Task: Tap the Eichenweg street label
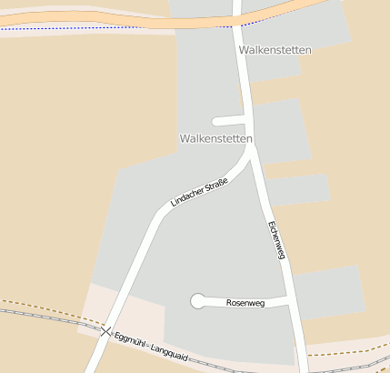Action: click(277, 240)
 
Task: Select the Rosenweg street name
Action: click(245, 303)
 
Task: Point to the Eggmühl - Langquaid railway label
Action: click(151, 348)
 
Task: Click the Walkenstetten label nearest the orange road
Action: click(275, 50)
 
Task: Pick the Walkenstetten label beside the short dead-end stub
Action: click(216, 138)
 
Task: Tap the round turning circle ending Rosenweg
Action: click(197, 301)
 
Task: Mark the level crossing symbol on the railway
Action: click(106, 331)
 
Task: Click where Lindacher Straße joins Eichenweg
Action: click(250, 150)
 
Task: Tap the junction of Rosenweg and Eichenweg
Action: click(289, 299)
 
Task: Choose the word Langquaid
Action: click(169, 354)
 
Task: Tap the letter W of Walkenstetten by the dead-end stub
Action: click(185, 138)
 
